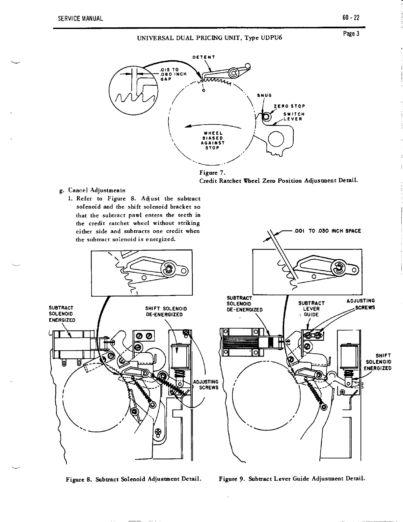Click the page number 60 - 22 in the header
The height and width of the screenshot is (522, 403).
click(351, 18)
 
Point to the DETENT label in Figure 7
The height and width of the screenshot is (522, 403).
click(204, 57)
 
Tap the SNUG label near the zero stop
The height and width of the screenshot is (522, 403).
click(264, 96)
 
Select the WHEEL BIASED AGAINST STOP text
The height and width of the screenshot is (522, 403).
click(212, 140)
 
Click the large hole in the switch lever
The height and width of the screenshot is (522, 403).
click(276, 138)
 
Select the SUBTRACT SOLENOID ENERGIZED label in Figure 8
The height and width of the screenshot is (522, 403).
click(62, 314)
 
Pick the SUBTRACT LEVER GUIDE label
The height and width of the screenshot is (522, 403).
click(311, 309)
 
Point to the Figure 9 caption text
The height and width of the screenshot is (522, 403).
click(292, 478)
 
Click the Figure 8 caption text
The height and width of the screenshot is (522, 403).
click(133, 478)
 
